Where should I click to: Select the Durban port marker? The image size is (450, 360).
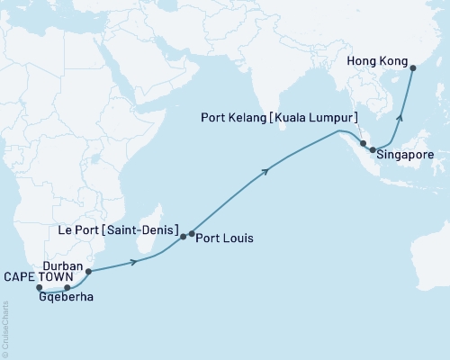tap(88, 270)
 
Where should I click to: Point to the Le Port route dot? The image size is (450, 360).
tap(183, 237)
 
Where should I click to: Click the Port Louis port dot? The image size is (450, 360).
tap(192, 235)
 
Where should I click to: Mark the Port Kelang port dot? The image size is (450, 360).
tap(363, 143)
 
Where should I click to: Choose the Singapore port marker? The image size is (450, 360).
tap(373, 150)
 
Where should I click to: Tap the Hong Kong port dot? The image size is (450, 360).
tap(412, 67)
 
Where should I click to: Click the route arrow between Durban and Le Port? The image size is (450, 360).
tap(135, 261)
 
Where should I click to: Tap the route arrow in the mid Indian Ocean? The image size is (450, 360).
tap(265, 169)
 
